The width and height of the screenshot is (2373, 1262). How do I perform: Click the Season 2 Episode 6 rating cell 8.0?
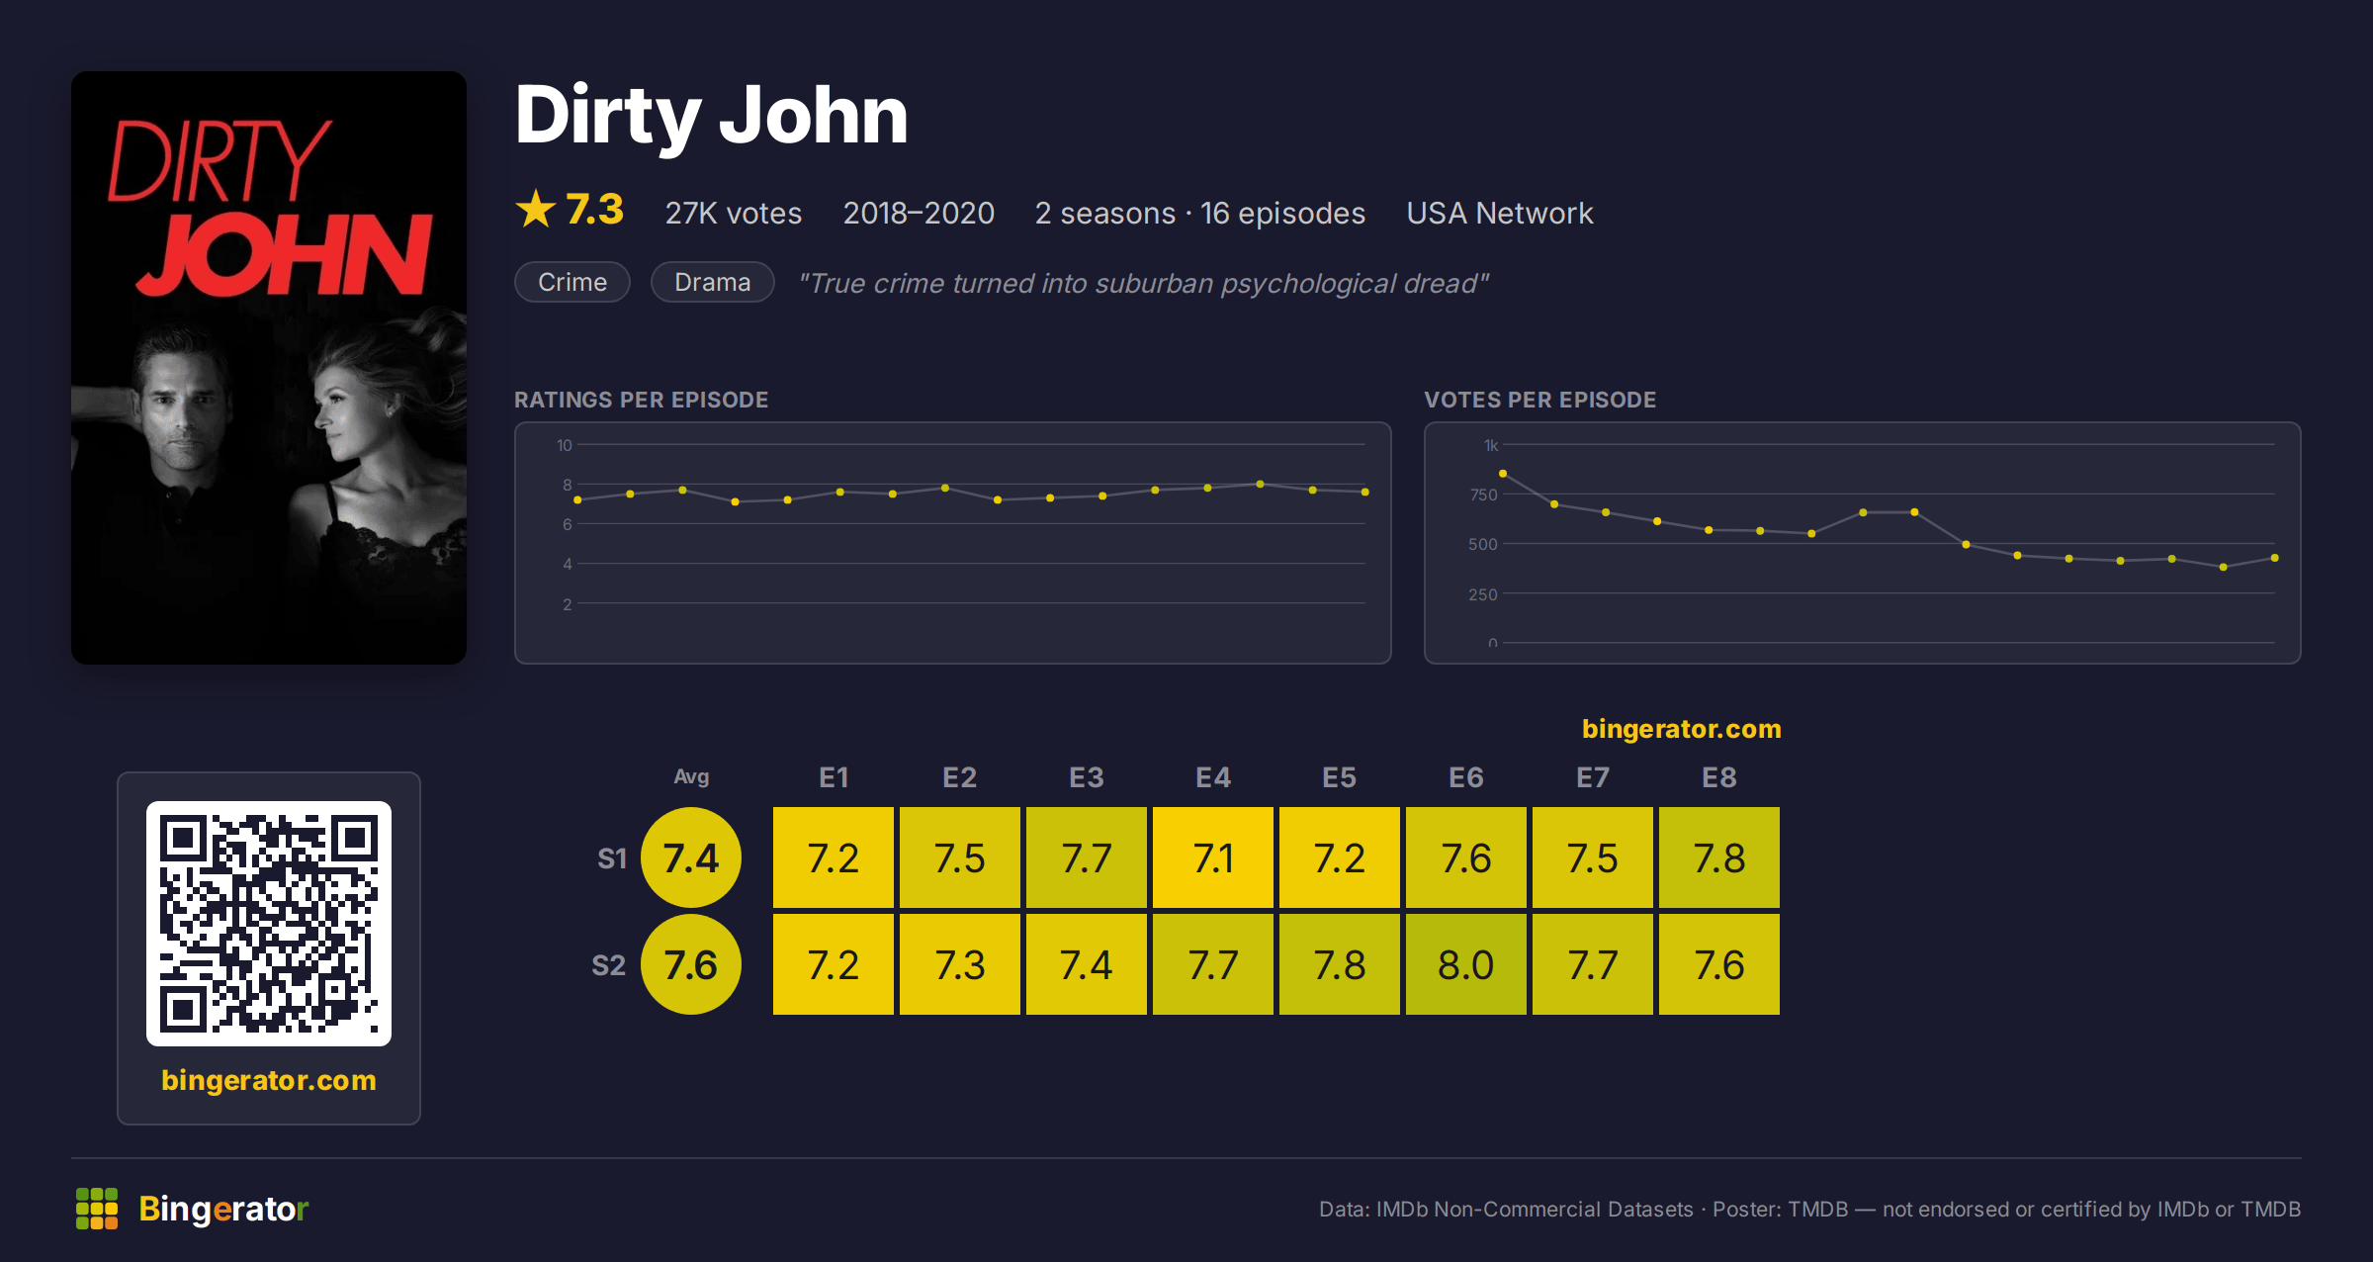tap(1465, 964)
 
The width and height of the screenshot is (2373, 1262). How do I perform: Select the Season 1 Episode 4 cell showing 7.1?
tap(1212, 857)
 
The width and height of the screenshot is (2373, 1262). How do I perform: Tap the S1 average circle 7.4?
tap(691, 857)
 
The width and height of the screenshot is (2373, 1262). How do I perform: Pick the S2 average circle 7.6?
tap(691, 964)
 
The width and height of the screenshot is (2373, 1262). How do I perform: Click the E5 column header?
tap(1339, 777)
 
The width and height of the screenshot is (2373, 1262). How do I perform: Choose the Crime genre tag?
tap(572, 282)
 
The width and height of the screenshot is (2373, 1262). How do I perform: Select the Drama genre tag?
tap(712, 282)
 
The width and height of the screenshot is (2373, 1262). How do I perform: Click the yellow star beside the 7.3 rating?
tap(536, 209)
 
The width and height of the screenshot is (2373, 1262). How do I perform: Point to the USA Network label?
tap(1499, 213)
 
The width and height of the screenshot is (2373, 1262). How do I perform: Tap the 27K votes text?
tap(733, 213)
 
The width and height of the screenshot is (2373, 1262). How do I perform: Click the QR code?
tap(269, 924)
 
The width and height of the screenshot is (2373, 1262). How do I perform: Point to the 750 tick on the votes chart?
tap(1483, 495)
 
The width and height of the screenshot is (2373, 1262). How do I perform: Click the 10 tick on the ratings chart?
tap(564, 445)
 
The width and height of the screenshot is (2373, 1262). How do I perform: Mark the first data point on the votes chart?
tap(1503, 474)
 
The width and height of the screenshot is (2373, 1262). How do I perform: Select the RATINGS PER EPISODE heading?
tap(641, 400)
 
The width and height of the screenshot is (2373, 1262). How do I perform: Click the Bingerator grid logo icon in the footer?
tap(97, 1209)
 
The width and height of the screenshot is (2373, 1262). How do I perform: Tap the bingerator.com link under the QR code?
tap(269, 1080)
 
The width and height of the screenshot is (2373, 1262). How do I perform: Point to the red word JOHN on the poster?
tap(285, 255)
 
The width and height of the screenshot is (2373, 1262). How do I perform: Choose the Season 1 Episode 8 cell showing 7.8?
tap(1718, 857)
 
